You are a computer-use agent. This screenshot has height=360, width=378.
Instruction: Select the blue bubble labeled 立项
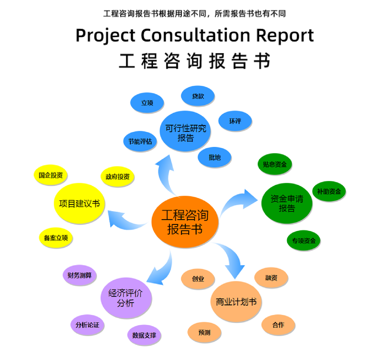(x=147, y=102)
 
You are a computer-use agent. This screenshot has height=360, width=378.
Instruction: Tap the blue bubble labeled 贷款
(x=198, y=96)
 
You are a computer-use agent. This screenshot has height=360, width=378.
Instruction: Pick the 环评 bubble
(x=235, y=121)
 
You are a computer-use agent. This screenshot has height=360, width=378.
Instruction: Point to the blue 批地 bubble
(x=214, y=157)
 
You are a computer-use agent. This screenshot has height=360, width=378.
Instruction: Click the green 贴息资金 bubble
(x=275, y=165)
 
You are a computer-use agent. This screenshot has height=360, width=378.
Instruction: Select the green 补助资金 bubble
(x=329, y=192)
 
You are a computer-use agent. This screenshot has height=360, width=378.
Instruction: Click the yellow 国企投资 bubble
(x=51, y=175)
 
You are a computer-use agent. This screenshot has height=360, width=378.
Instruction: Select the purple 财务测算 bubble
(x=79, y=275)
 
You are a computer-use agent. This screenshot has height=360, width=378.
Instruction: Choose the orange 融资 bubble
(x=271, y=278)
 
